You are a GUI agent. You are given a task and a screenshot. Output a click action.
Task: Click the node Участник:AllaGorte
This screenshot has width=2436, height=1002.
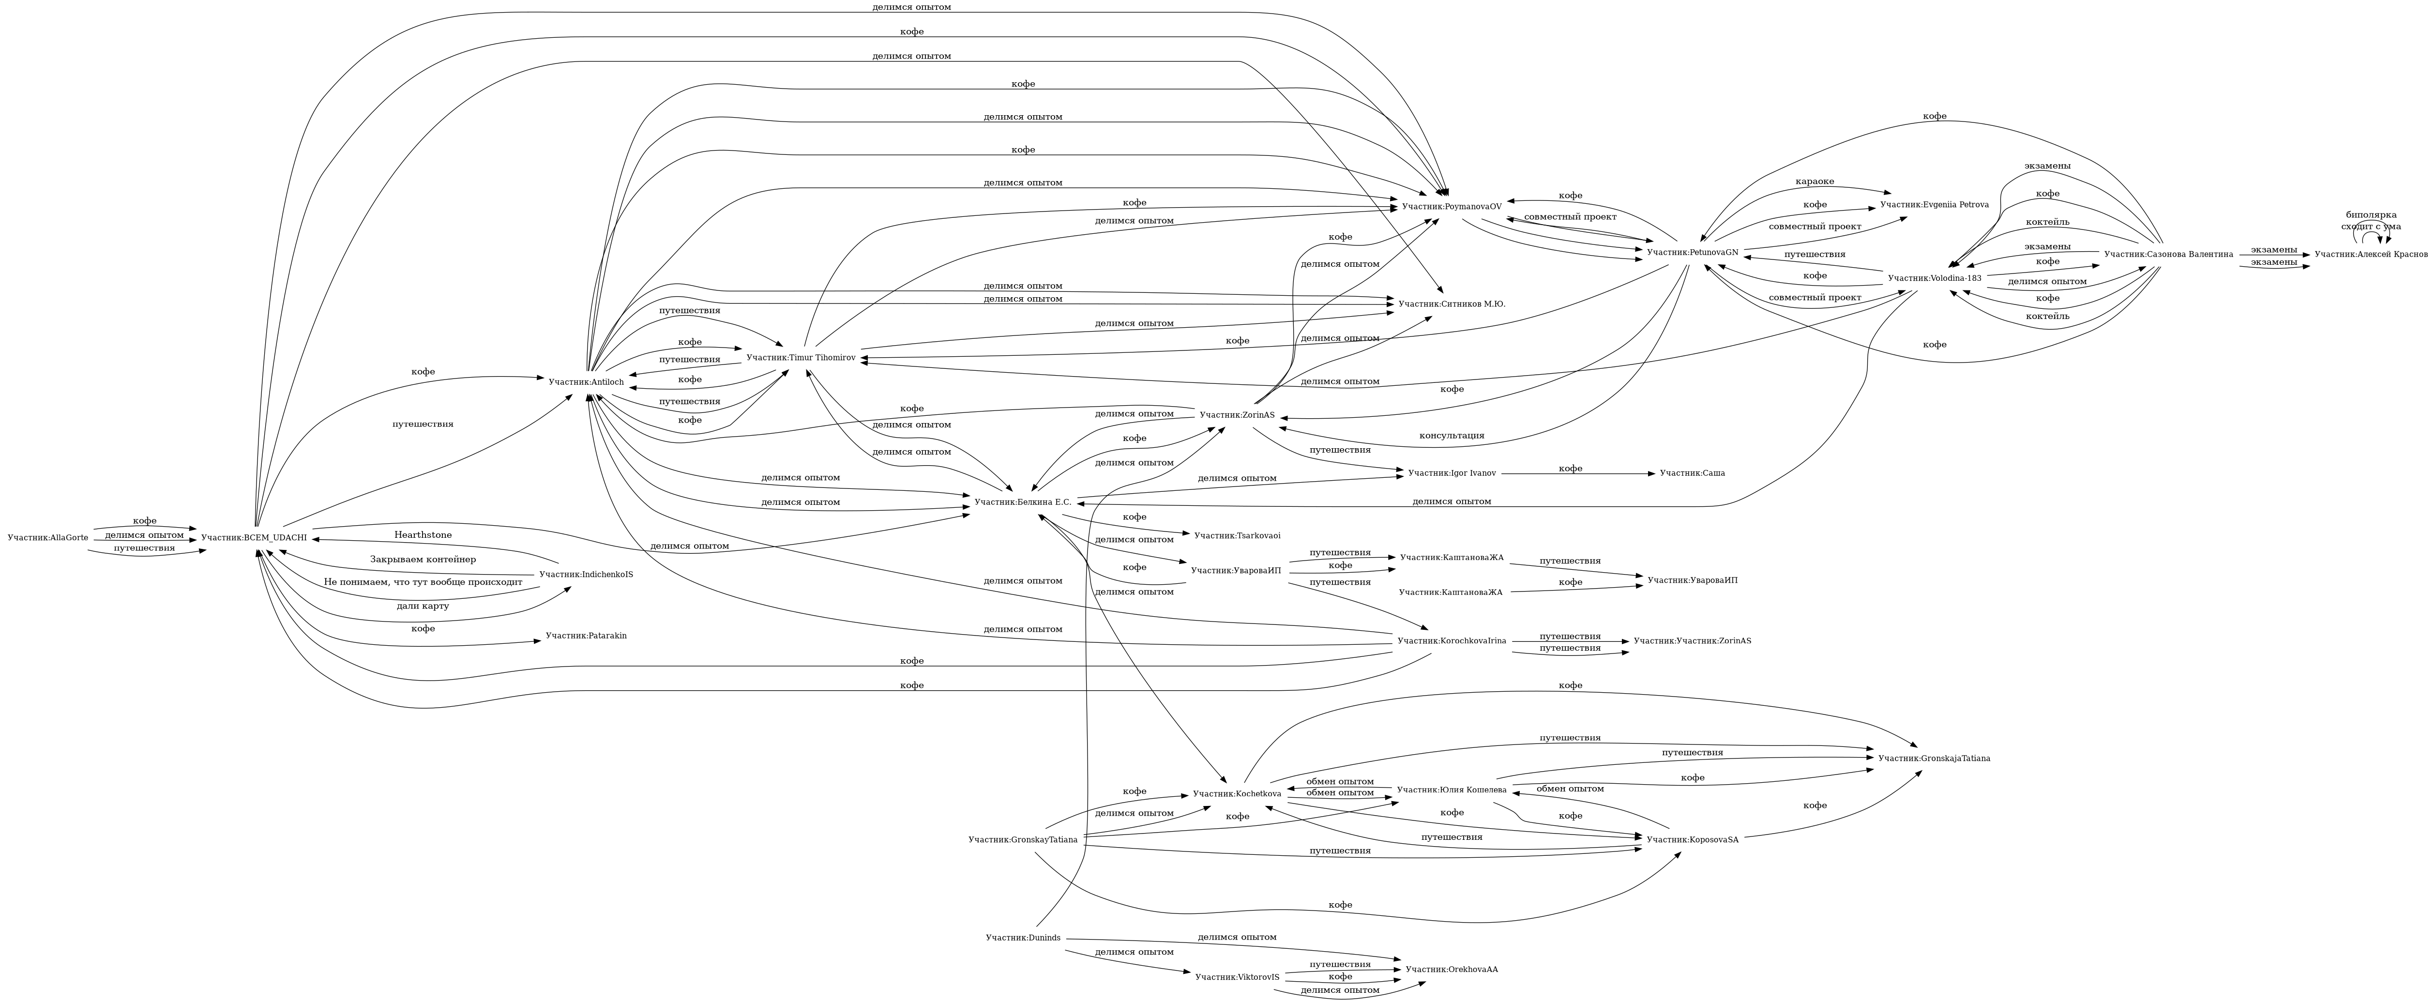click(47, 537)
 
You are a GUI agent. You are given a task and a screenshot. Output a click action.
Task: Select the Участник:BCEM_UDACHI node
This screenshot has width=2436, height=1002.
click(254, 537)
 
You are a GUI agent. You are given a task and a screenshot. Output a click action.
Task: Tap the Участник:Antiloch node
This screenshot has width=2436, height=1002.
click(586, 381)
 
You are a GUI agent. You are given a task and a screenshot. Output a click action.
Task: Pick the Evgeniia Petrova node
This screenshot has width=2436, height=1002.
click(1934, 204)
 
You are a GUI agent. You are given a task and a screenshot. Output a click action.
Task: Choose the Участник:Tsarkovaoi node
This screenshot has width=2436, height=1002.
click(1237, 535)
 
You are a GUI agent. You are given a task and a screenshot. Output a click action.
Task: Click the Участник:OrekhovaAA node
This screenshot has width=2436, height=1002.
click(1452, 969)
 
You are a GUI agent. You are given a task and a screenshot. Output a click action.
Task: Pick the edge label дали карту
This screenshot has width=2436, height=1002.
click(423, 606)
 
